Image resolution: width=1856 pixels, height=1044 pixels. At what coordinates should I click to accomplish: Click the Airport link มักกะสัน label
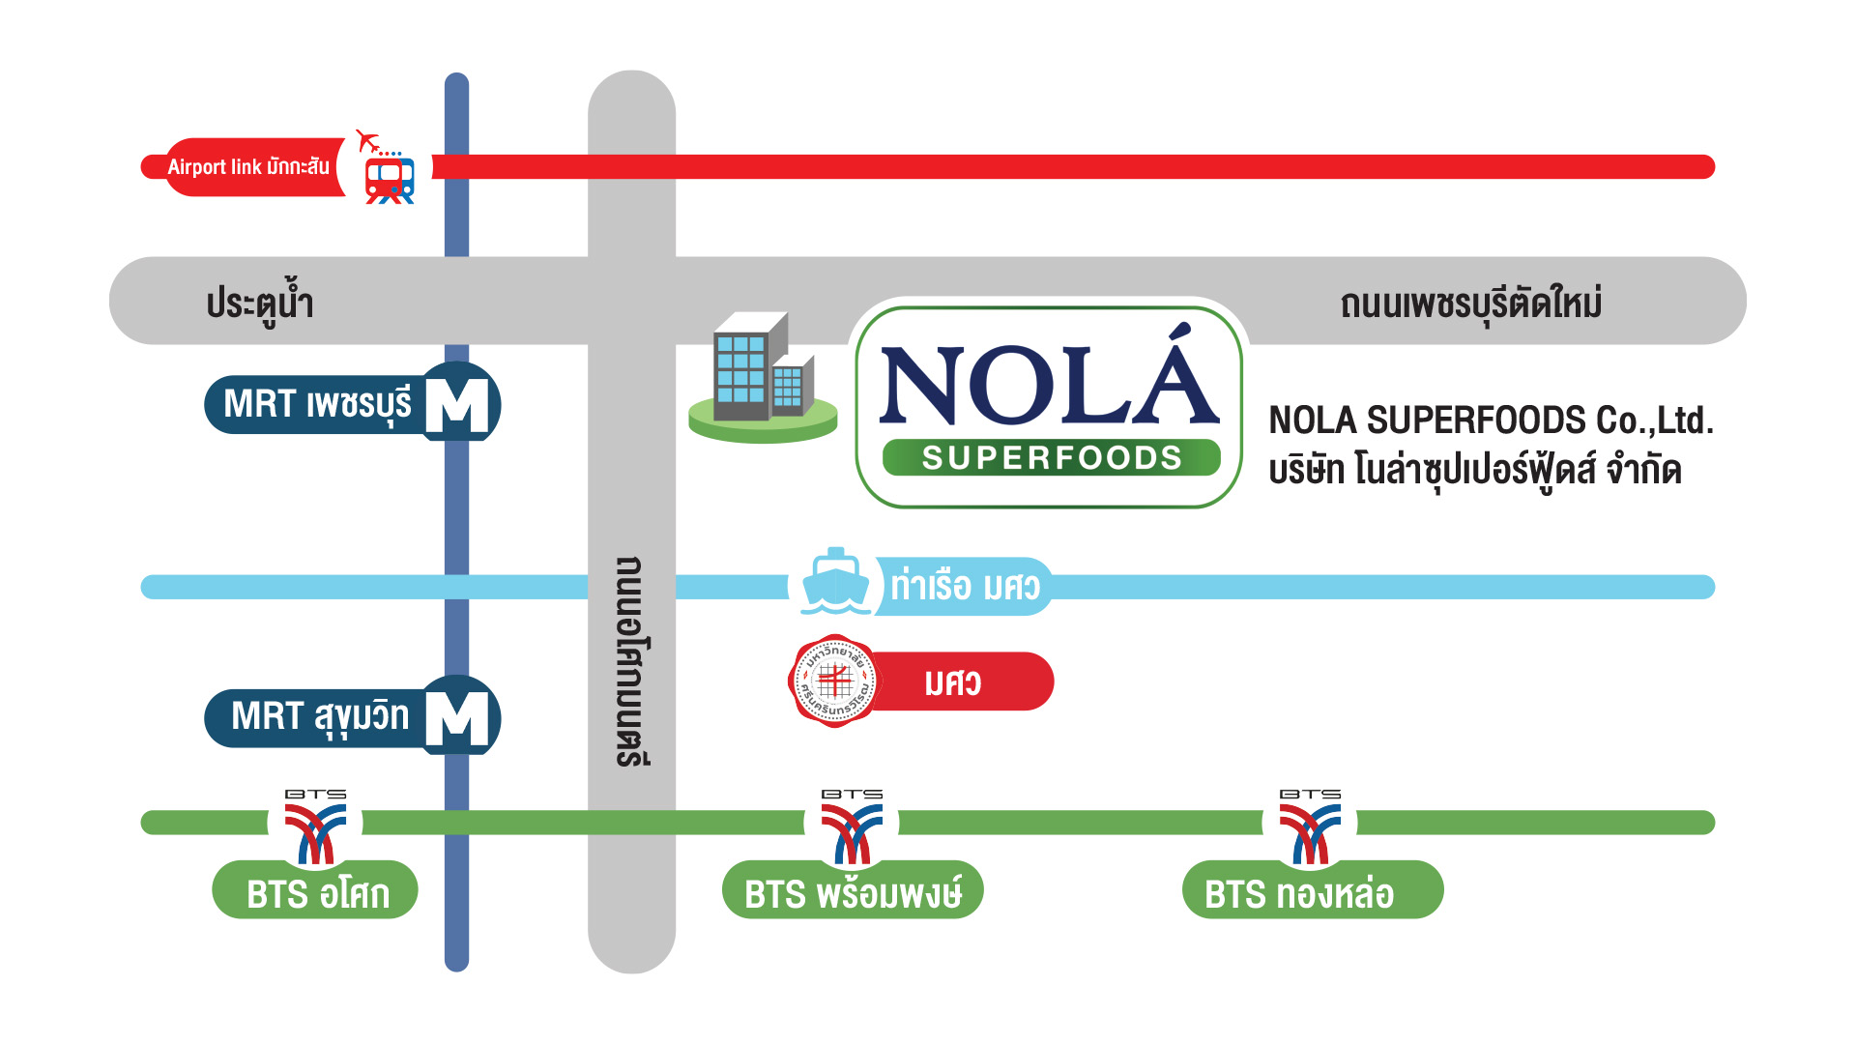(248, 166)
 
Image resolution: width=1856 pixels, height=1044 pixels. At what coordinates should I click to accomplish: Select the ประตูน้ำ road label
(259, 303)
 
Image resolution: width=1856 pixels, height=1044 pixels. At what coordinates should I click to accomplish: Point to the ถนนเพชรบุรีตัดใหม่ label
(1470, 304)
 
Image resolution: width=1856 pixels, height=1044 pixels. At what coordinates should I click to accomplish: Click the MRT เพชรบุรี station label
(317, 404)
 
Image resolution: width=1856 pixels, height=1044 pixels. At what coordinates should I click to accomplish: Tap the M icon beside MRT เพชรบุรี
(457, 403)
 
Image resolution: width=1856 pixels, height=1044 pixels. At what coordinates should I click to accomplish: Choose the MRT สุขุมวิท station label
(320, 717)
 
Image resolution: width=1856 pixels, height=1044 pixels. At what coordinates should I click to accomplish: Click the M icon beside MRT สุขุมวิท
(457, 717)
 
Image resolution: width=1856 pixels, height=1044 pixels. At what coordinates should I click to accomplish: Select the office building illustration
(763, 377)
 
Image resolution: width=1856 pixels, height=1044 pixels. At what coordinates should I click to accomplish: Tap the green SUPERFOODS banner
(1052, 457)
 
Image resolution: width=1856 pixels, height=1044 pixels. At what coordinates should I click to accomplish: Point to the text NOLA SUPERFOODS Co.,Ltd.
(1491, 420)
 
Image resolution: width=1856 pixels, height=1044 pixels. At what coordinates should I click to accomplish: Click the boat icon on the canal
(836, 582)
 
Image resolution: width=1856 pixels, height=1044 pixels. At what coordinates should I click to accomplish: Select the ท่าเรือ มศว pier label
(965, 586)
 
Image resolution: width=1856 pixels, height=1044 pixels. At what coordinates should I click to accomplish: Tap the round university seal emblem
(834, 681)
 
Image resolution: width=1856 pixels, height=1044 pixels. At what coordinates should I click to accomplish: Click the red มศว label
(952, 682)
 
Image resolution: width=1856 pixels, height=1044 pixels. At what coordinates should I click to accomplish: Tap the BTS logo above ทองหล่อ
(1310, 826)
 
